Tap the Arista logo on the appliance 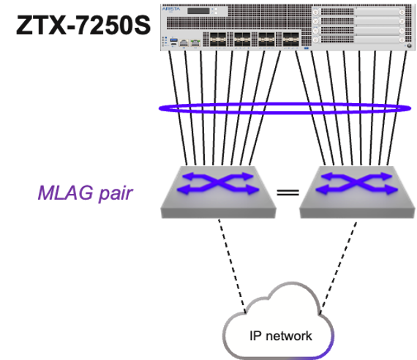point(172,11)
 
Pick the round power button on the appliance point(407,44)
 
